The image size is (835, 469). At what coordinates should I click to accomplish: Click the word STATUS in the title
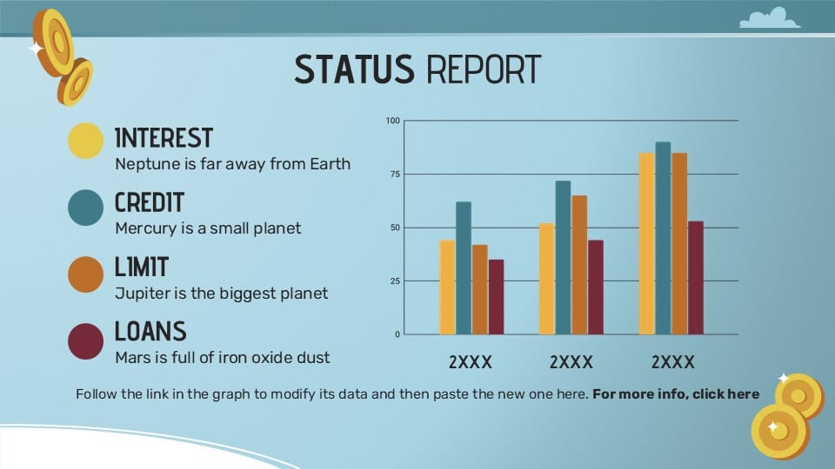click(354, 69)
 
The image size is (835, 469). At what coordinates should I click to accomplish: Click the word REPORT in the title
click(484, 69)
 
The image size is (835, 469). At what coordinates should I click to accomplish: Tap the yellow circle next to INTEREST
click(86, 141)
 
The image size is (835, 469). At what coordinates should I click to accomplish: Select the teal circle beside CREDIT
click(86, 208)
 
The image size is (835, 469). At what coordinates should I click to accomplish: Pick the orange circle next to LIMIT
click(86, 274)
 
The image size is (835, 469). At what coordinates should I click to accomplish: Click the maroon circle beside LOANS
click(86, 340)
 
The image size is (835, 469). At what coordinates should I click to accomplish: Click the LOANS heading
click(150, 331)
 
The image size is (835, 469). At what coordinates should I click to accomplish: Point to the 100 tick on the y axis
click(392, 121)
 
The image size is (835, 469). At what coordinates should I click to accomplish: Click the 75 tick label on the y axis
click(394, 174)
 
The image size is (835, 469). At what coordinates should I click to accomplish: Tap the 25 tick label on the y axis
click(394, 281)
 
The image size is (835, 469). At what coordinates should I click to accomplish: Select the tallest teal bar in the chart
click(663, 238)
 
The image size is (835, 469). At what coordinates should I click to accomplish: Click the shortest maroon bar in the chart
click(497, 297)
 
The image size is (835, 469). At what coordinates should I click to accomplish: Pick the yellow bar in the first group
click(447, 287)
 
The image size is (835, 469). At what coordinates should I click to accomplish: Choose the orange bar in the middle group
click(579, 265)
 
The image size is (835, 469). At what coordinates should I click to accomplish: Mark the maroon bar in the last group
click(696, 278)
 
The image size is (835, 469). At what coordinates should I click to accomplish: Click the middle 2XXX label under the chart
click(571, 362)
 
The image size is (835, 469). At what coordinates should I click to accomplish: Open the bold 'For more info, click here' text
click(676, 394)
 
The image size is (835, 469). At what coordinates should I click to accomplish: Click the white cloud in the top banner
click(770, 18)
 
